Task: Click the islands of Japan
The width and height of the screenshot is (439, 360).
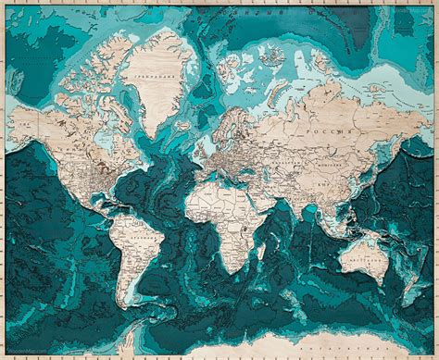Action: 380,173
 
